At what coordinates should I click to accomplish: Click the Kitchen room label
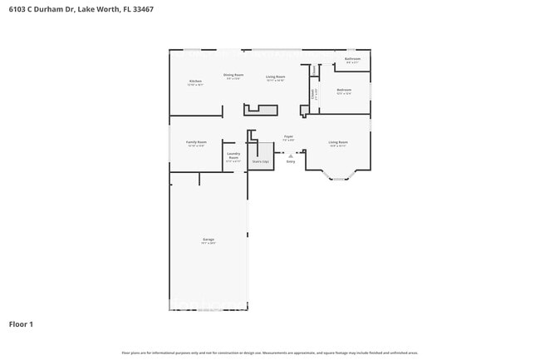(x=194, y=81)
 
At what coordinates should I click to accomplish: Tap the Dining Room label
(x=233, y=75)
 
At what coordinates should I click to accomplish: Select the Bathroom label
(x=352, y=59)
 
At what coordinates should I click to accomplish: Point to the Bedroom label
(x=344, y=90)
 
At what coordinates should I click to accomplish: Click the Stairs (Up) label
(x=260, y=161)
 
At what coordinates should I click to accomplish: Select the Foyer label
(x=288, y=136)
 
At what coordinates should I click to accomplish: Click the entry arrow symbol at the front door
(x=291, y=155)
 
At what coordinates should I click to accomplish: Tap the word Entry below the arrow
(x=291, y=161)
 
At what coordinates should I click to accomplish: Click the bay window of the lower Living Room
(x=338, y=176)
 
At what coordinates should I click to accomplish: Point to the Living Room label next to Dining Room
(x=275, y=76)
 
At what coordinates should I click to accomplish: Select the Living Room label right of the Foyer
(x=338, y=142)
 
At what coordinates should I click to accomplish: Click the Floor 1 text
(x=21, y=323)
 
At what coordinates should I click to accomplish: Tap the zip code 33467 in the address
(x=142, y=9)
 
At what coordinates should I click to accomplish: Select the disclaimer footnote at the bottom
(x=270, y=353)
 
